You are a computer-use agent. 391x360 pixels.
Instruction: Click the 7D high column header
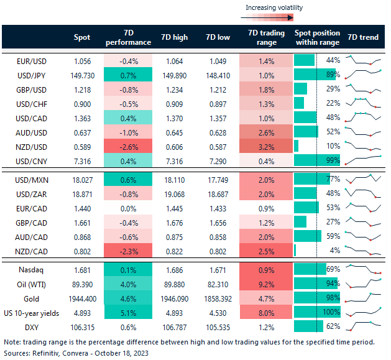pos(174,37)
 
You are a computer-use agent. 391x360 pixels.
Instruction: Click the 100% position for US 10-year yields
pos(331,313)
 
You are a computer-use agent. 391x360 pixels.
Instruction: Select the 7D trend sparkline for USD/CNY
pos(362,160)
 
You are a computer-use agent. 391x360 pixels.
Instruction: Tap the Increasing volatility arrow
pos(274,18)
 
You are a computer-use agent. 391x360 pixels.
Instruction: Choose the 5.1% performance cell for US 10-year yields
pos(128,313)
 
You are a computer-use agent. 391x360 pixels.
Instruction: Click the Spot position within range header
pos(316,37)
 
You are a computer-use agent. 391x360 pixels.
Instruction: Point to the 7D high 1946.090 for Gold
pos(173,298)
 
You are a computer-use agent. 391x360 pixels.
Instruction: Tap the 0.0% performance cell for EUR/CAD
pos(128,207)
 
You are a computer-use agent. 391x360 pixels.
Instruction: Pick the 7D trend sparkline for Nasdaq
pos(362,269)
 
